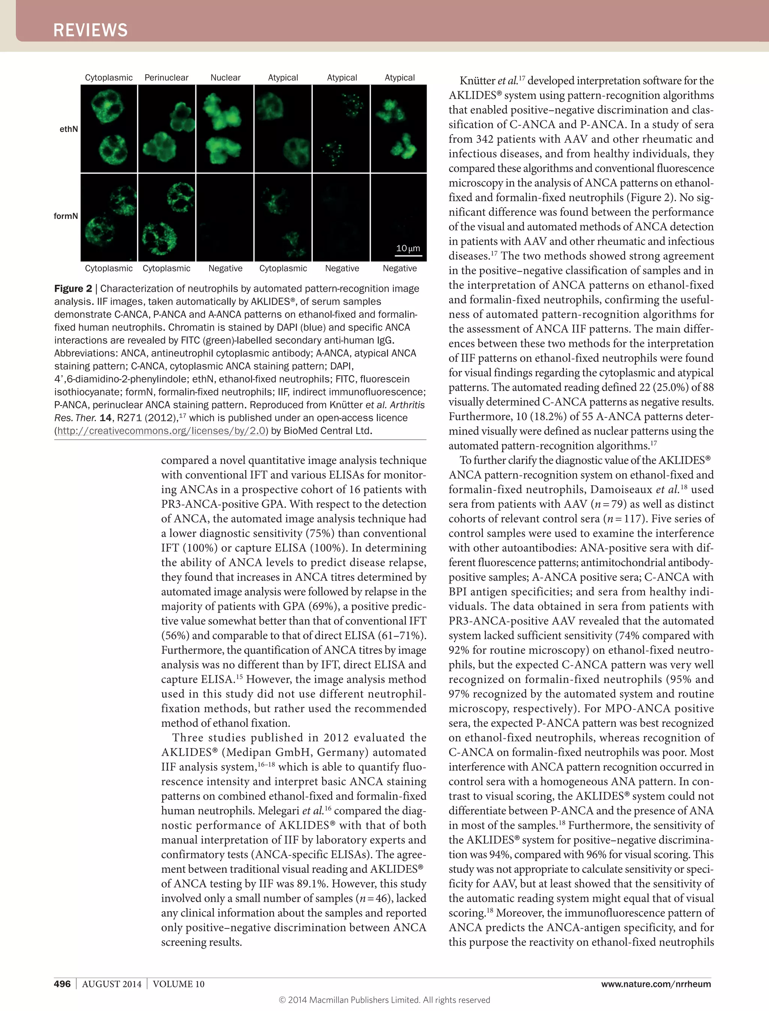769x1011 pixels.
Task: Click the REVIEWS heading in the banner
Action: pyautogui.click(x=90, y=30)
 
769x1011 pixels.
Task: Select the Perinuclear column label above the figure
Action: pyautogui.click(x=166, y=77)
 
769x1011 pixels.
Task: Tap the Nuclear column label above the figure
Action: pyautogui.click(x=225, y=77)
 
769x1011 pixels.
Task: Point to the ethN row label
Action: pyautogui.click(x=69, y=129)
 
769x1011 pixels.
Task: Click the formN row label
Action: pyautogui.click(x=66, y=216)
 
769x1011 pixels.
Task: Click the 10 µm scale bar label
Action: pyautogui.click(x=408, y=248)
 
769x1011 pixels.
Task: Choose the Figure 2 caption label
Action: pyautogui.click(x=73, y=288)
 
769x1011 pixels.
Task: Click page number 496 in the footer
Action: pyautogui.click(x=62, y=984)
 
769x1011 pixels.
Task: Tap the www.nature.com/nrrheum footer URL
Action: pyautogui.click(x=656, y=984)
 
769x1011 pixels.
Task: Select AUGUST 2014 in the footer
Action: pyautogui.click(x=112, y=984)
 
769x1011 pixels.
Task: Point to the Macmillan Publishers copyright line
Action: pyautogui.click(x=384, y=1000)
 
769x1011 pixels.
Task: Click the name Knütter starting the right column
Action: pyautogui.click(x=477, y=81)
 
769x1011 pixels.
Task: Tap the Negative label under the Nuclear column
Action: pyautogui.click(x=225, y=268)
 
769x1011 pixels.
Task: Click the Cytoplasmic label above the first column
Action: pyautogui.click(x=109, y=77)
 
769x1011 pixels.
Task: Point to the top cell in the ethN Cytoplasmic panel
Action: pyautogui.click(x=106, y=106)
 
